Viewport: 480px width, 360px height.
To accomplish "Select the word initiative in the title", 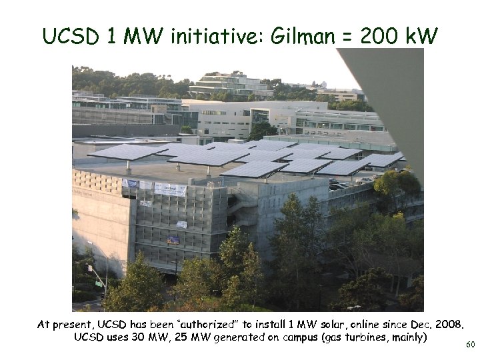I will pos(220,37).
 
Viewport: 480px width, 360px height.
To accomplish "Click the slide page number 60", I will pos(470,345).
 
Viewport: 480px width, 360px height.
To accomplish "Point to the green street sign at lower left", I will pos(99,283).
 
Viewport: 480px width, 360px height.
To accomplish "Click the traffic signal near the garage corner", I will pos(89,269).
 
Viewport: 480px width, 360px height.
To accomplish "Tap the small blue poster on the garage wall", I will pos(173,240).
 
